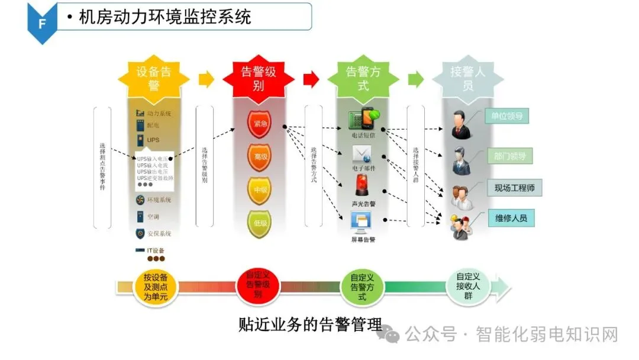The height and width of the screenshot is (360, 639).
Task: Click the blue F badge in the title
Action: [x=42, y=24]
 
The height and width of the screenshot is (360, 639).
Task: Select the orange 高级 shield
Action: [x=259, y=157]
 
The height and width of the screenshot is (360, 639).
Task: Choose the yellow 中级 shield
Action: [x=259, y=190]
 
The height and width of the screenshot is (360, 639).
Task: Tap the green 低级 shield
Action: [x=259, y=223]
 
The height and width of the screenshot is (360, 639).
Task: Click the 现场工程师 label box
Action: [x=514, y=188]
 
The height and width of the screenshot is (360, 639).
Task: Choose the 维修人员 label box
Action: [x=511, y=218]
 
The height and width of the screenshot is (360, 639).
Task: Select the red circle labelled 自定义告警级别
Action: [x=258, y=285]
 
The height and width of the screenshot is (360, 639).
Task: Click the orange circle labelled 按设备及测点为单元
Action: [x=155, y=286]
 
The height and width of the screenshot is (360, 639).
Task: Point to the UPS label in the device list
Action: [x=153, y=140]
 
